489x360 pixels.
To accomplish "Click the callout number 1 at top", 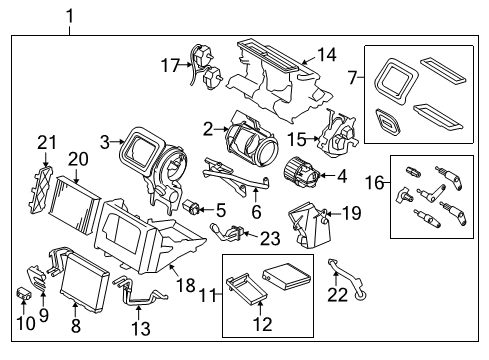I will coord(70,15).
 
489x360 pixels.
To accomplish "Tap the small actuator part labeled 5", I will coord(193,207).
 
